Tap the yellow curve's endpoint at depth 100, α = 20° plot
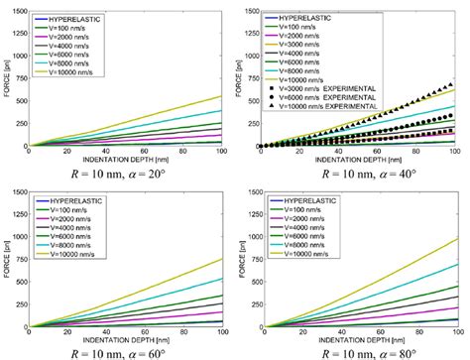(222, 96)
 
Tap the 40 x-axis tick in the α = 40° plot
(343, 152)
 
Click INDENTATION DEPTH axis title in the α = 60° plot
(127, 337)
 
